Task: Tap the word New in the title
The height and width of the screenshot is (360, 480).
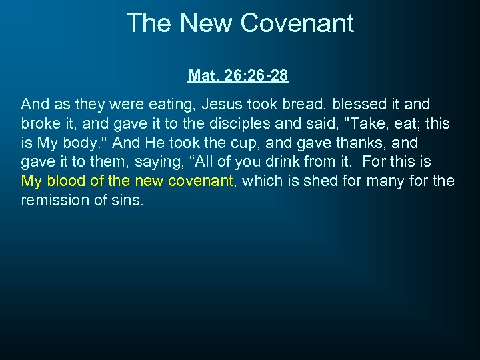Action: pos(209,23)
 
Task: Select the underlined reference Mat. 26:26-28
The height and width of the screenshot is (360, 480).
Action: pos(238,76)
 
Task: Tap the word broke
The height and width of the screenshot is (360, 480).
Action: pos(40,124)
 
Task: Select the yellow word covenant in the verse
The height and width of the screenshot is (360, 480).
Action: pos(197,181)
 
